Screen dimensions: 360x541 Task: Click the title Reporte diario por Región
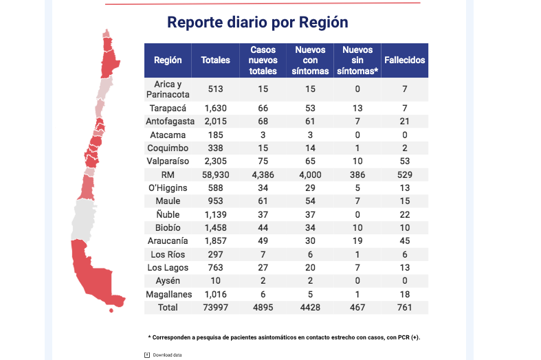point(258,23)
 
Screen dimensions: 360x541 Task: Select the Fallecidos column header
point(404,60)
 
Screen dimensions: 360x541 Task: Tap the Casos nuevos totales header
point(263,60)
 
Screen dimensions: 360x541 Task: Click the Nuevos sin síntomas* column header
point(357,60)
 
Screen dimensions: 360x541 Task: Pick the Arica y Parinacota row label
point(167,89)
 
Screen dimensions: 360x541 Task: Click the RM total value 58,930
point(215,175)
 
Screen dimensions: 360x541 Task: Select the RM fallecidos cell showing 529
point(404,175)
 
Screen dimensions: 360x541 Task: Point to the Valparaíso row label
point(167,161)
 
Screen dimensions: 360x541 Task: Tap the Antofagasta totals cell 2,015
point(215,122)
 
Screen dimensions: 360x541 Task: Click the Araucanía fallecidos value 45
point(404,241)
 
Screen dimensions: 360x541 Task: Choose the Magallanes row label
point(167,294)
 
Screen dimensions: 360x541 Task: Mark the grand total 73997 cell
point(215,307)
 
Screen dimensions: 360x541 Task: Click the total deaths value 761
point(404,307)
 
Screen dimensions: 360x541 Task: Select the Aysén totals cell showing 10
point(215,281)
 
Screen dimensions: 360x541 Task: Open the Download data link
point(167,355)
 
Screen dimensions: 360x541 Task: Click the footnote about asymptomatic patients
point(284,337)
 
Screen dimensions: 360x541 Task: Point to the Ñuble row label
point(167,214)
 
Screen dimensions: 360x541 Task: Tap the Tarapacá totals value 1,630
point(215,109)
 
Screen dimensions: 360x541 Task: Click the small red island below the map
point(111,310)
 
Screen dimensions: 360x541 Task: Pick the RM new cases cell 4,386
point(263,175)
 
